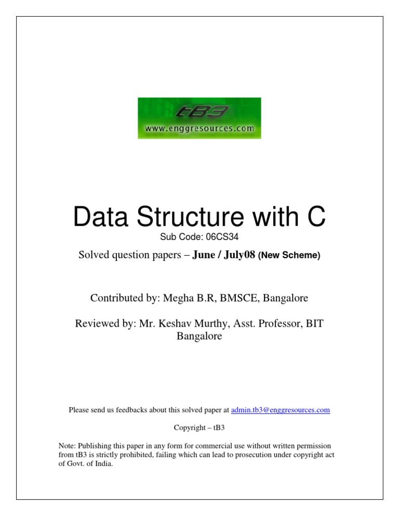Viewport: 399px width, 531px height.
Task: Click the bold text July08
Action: (x=239, y=255)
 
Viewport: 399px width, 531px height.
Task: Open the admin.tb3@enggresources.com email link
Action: (x=280, y=410)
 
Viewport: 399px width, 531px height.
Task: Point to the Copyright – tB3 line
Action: (x=199, y=428)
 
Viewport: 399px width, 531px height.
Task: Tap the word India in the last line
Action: (x=102, y=464)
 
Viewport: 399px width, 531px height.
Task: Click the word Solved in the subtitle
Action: (x=92, y=255)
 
